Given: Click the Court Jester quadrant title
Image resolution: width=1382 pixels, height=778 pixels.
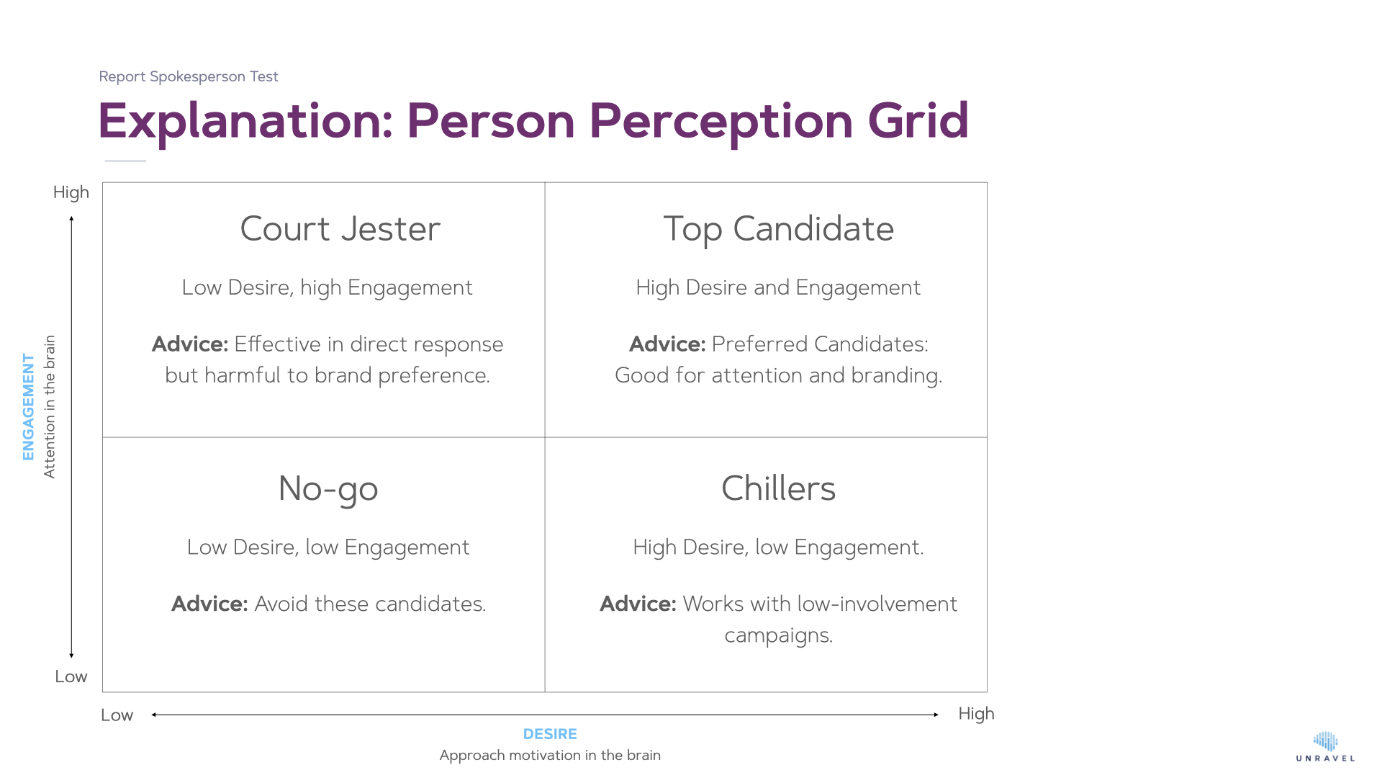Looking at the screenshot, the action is click(340, 229).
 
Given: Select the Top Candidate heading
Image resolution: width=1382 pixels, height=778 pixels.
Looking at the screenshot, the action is click(779, 230).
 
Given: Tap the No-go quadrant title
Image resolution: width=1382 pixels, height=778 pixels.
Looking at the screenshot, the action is click(328, 489).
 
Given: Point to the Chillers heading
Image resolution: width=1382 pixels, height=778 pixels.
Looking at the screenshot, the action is click(779, 488).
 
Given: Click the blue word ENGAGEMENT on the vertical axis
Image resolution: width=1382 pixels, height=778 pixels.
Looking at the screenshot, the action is click(28, 406).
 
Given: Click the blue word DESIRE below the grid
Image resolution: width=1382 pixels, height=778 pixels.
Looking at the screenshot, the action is click(550, 734).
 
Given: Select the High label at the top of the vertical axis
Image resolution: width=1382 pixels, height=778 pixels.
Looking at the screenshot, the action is click(71, 193).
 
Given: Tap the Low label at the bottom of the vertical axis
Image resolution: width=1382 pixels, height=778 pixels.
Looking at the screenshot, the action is click(71, 676).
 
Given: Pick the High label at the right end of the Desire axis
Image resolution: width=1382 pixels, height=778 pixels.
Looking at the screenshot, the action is click(976, 714).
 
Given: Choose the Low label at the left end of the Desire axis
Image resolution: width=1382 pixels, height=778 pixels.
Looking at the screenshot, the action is click(117, 715).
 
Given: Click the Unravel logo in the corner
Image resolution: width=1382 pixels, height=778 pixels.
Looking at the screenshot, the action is click(1325, 747).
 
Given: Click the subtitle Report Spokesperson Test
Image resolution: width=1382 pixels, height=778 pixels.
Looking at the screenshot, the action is click(189, 77).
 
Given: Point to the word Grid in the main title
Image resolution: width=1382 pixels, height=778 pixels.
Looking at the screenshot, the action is click(918, 120).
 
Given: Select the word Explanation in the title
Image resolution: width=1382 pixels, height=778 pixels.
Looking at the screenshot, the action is click(245, 121).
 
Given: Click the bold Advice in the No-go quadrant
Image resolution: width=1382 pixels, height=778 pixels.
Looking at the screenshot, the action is click(209, 604).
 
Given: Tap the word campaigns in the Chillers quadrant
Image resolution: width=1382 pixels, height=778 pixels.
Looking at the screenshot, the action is click(778, 635).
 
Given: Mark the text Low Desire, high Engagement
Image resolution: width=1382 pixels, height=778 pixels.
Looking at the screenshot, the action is click(328, 287).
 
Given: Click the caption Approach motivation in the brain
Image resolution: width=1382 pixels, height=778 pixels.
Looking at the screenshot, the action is click(550, 755).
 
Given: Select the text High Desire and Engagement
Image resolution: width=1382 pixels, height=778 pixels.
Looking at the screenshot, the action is click(778, 287).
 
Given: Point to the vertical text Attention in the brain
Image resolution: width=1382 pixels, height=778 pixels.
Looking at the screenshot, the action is click(49, 406).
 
